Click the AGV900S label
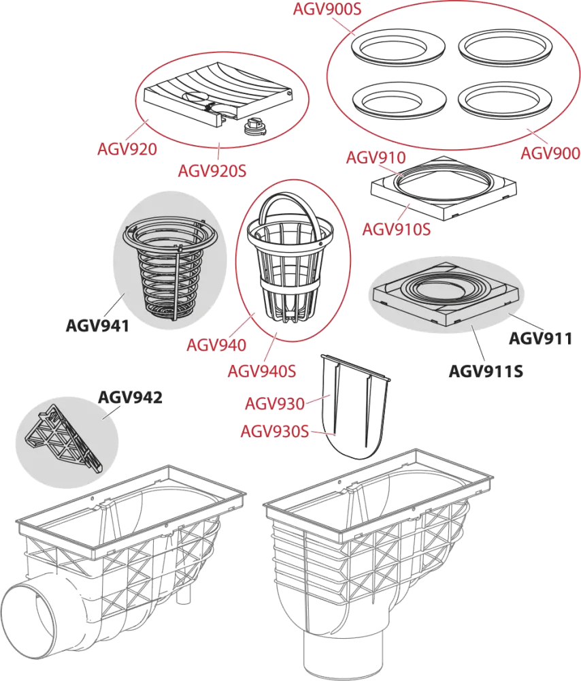point(327,9)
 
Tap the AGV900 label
point(550,153)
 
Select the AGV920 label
point(127,149)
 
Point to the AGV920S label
point(212,171)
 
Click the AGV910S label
point(397,228)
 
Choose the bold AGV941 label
point(98,326)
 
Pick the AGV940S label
point(262,371)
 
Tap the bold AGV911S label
point(486,371)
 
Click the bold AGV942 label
point(130,397)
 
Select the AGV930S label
point(275,432)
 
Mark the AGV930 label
point(275,403)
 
